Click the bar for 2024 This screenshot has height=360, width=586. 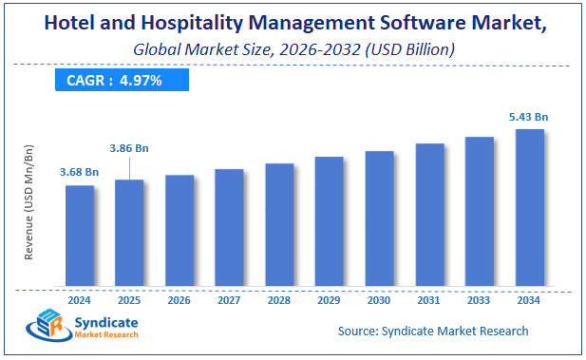(80, 236)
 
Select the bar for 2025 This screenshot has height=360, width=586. (129, 233)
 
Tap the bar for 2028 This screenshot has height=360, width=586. (279, 224)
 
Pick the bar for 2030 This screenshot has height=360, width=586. (379, 218)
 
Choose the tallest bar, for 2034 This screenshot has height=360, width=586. (529, 207)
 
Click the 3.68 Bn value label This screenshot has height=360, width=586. (80, 171)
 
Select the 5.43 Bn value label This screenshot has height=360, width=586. (528, 116)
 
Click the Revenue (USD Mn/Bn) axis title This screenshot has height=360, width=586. (28, 202)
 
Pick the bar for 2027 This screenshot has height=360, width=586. (229, 228)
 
